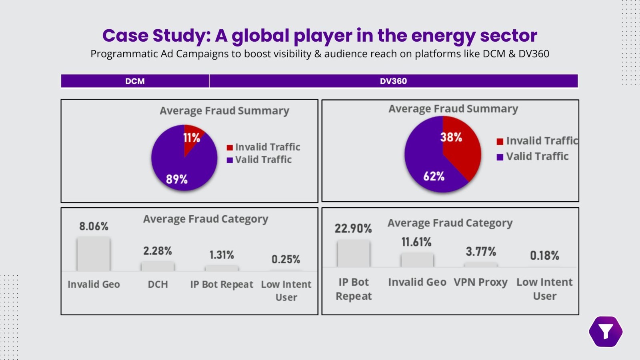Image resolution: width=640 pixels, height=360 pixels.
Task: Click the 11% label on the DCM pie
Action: pyautogui.click(x=191, y=138)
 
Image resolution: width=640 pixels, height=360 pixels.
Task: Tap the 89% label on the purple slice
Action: pyautogui.click(x=176, y=179)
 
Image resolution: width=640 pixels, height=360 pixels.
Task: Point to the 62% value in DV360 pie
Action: pyautogui.click(x=434, y=176)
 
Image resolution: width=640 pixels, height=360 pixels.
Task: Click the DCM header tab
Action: pyautogui.click(x=135, y=81)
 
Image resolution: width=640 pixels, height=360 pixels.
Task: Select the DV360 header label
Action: pyautogui.click(x=393, y=81)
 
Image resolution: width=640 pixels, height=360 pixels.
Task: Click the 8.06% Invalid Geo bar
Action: pyautogui.click(x=94, y=254)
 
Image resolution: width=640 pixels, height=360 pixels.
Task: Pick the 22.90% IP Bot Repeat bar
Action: pyautogui.click(x=354, y=253)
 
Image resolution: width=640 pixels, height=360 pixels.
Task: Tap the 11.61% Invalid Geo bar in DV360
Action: pyautogui.click(x=417, y=260)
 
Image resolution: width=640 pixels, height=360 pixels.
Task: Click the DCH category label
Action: pyautogui.click(x=158, y=284)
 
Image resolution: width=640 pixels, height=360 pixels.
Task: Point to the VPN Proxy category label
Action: pyautogui.click(x=480, y=282)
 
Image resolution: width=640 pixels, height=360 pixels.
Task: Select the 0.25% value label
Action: pyautogui.click(x=286, y=260)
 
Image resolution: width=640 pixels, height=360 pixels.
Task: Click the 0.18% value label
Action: pyautogui.click(x=544, y=256)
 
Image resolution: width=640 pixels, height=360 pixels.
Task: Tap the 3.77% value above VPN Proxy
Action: pyautogui.click(x=480, y=252)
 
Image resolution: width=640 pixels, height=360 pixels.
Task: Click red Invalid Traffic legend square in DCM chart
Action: pyautogui.click(x=230, y=148)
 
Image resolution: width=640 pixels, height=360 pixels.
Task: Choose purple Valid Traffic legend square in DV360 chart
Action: pyautogui.click(x=500, y=157)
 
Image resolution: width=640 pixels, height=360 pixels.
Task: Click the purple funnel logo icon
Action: pyautogui.click(x=606, y=332)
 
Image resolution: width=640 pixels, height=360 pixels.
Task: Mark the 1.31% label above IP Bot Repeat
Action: pyautogui.click(x=222, y=255)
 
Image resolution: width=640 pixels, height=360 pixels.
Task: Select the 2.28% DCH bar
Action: pyautogui.click(x=158, y=266)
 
